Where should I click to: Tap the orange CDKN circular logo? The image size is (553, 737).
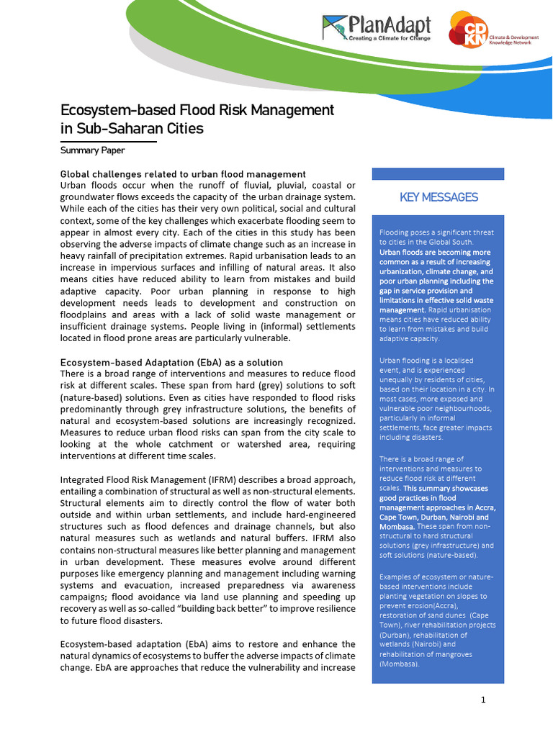467,29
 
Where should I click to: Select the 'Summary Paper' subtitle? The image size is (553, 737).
92,150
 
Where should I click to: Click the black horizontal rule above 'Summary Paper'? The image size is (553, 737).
108,142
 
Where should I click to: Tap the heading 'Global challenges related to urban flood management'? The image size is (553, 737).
183,174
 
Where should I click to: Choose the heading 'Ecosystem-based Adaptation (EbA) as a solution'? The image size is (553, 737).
171,362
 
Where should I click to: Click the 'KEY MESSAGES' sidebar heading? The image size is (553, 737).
439,197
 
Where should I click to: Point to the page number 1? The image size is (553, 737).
484,700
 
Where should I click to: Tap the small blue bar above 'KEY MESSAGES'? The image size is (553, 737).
438,173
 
